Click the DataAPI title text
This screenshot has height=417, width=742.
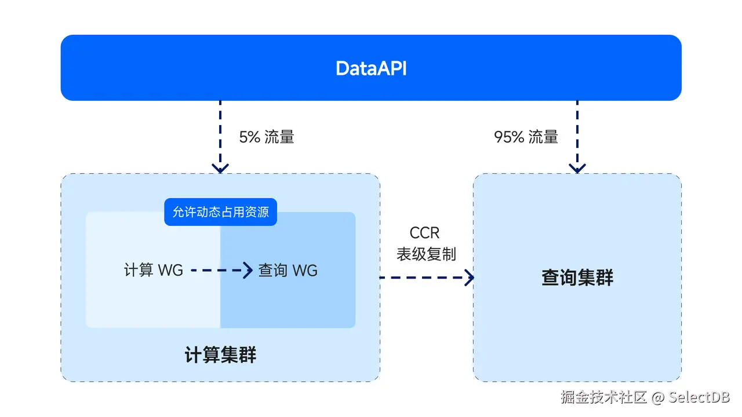click(371, 68)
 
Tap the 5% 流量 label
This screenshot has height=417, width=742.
click(267, 137)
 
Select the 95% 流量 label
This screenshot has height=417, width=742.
click(526, 137)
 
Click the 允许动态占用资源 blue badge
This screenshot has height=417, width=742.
click(220, 212)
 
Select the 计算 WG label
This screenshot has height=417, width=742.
click(154, 270)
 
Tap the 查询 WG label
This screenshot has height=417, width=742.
click(288, 270)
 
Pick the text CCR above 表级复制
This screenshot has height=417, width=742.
click(425, 233)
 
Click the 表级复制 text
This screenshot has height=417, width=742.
click(426, 254)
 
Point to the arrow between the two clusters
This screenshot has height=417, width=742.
click(426, 277)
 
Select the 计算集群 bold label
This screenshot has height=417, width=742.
click(220, 355)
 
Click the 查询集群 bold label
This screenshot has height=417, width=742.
click(577, 278)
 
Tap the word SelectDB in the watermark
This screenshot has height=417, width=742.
click(699, 397)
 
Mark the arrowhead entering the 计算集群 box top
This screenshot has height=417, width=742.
click(220, 169)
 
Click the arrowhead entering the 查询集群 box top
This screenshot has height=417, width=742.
click(577, 169)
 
